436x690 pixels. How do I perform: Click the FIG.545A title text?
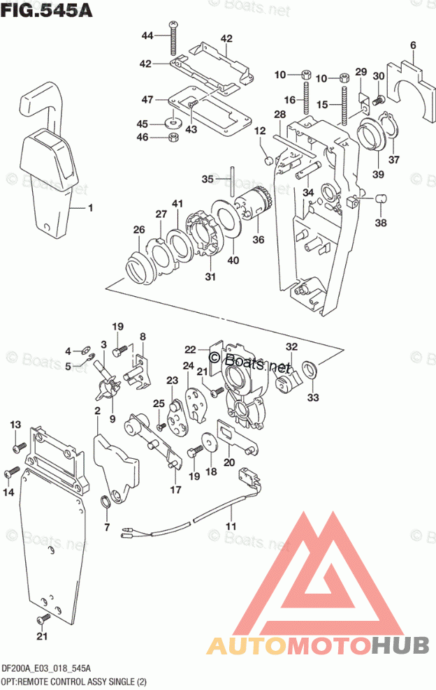[x=47, y=10]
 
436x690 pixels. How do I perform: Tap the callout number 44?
[x=147, y=35]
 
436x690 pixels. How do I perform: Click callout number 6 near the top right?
[x=413, y=45]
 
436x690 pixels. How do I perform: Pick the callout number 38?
[x=381, y=223]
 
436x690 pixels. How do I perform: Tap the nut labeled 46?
[x=173, y=138]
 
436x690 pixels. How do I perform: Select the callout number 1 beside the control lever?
[x=90, y=207]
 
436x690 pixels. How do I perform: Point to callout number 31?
[x=210, y=277]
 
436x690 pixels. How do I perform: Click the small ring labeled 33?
[x=310, y=369]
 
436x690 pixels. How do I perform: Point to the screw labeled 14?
[x=11, y=472]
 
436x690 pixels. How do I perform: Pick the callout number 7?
[x=108, y=527]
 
